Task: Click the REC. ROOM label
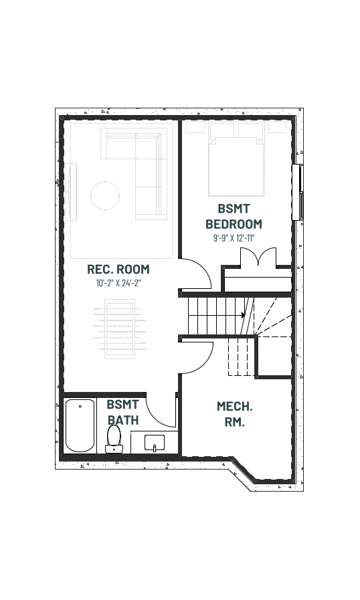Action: click(x=118, y=270)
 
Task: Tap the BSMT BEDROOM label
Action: click(x=234, y=216)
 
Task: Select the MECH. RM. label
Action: click(x=234, y=414)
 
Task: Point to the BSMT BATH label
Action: click(x=122, y=412)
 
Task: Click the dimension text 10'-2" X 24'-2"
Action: click(x=118, y=284)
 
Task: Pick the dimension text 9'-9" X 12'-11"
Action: click(x=234, y=238)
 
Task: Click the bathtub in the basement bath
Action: click(x=80, y=425)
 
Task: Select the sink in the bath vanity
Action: click(x=155, y=443)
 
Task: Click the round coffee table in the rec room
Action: click(x=105, y=195)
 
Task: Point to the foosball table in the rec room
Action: click(x=120, y=329)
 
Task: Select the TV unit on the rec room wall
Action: click(x=70, y=192)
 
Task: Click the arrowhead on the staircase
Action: click(x=243, y=315)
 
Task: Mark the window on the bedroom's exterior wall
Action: click(x=298, y=193)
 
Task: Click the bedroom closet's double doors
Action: click(x=258, y=257)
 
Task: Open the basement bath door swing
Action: click(x=161, y=411)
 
